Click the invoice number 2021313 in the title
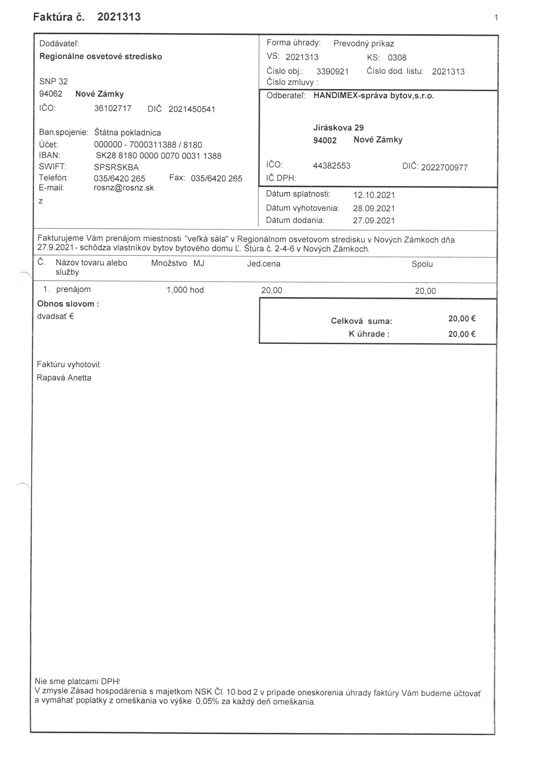tap(119, 17)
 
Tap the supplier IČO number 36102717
tap(113, 108)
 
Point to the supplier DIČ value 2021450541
tap(192, 109)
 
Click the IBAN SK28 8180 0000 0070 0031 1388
tap(159, 156)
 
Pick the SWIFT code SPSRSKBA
tap(116, 167)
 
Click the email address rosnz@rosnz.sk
tap(124, 188)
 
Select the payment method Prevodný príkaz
tap(364, 44)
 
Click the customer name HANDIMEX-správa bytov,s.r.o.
tap(373, 96)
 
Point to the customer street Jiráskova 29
tap(338, 128)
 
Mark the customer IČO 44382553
tap(332, 166)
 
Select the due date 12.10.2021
tap(374, 195)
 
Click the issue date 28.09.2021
tap(374, 209)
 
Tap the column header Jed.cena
tap(264, 264)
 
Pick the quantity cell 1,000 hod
tap(185, 290)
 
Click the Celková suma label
tap(361, 321)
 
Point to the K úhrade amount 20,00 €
tap(461, 334)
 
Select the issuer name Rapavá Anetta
tap(64, 378)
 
